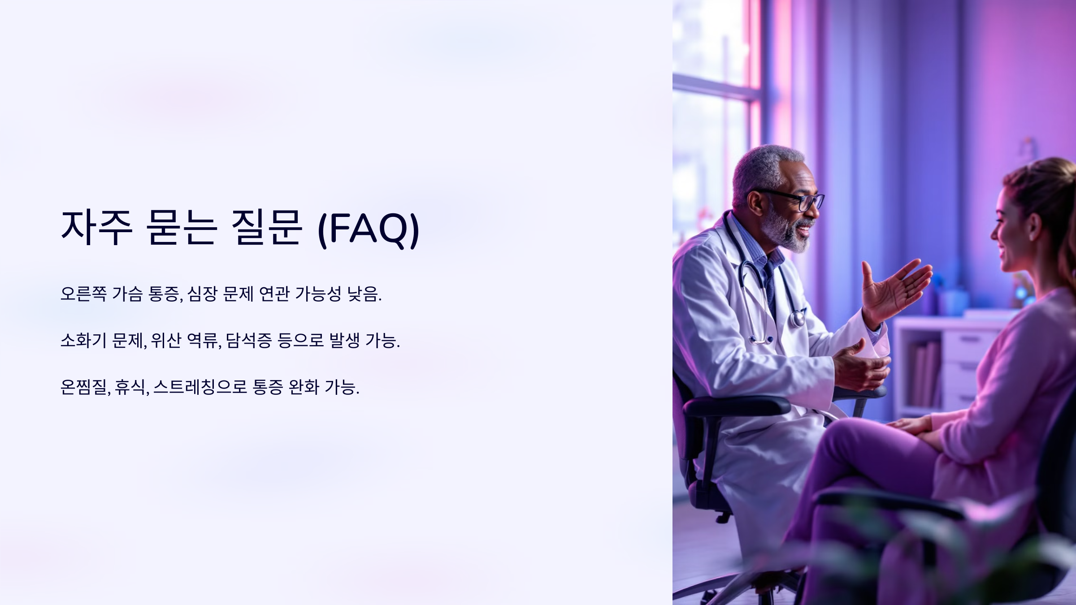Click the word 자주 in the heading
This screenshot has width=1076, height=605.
[x=96, y=229]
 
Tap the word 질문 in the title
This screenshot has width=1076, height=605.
[x=267, y=229]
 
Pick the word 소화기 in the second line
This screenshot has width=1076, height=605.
[x=83, y=341]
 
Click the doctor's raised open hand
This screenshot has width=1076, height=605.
[x=894, y=289]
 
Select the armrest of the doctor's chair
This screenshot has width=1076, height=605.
[x=735, y=406]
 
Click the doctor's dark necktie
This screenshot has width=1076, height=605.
[x=770, y=287]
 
